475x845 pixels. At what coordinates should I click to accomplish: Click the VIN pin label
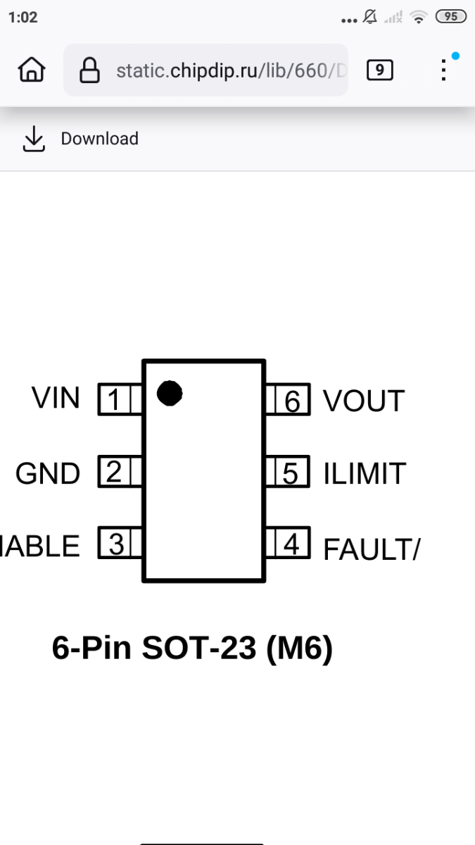56,398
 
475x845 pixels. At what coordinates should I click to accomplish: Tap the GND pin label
48,474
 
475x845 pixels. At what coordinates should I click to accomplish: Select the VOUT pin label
364,401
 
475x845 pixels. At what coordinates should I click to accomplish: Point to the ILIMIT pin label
365,474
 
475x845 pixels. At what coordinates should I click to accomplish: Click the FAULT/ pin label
371,549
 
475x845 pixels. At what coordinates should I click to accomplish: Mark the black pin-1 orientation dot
170,393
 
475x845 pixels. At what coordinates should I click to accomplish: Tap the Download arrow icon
33,139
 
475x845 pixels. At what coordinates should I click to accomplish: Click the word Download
99,139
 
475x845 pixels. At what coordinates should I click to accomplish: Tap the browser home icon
32,70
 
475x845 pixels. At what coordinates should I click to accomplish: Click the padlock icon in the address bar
89,70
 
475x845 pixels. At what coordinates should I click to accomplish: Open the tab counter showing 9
379,70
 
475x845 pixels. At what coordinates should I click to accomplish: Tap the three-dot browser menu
443,70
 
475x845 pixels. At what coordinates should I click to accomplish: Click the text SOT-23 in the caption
199,648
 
